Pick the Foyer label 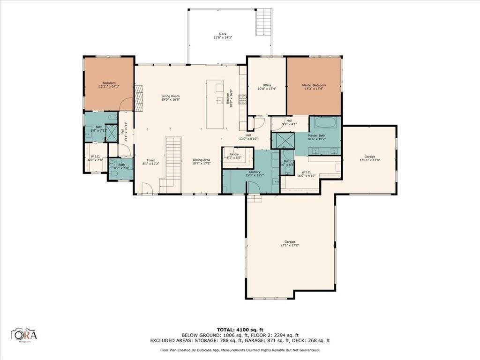point(149,162)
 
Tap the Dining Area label point(202,162)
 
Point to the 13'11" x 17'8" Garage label point(369,158)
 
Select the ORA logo point(24,335)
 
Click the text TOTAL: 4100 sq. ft point(240,330)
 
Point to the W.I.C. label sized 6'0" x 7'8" point(95,158)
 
